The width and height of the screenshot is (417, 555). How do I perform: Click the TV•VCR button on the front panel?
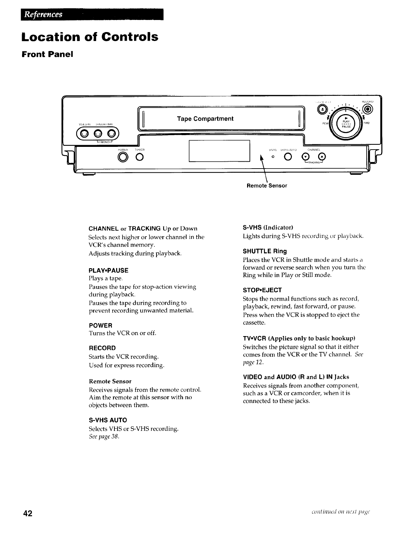(x=139, y=158)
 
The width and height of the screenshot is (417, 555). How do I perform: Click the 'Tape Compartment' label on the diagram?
(x=205, y=119)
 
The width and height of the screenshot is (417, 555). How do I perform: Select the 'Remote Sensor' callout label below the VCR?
(x=267, y=185)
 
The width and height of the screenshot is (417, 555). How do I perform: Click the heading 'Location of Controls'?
(x=90, y=37)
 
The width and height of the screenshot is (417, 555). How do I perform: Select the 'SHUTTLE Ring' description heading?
(x=265, y=251)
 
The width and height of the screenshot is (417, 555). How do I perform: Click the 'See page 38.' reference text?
(x=104, y=437)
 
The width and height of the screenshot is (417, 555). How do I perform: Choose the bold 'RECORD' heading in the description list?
(x=102, y=348)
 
